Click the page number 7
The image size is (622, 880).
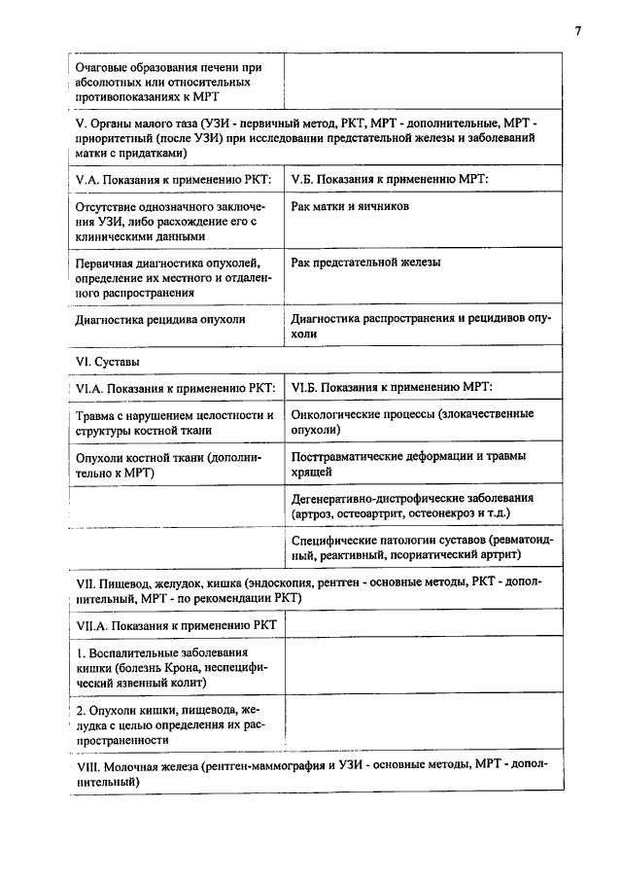[577, 30]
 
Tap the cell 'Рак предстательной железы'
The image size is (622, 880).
[365, 263]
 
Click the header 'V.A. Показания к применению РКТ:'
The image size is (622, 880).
[174, 180]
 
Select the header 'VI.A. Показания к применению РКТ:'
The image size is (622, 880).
[176, 388]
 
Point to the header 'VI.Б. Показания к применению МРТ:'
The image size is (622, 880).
[392, 388]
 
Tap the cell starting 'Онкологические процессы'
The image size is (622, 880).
[412, 421]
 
